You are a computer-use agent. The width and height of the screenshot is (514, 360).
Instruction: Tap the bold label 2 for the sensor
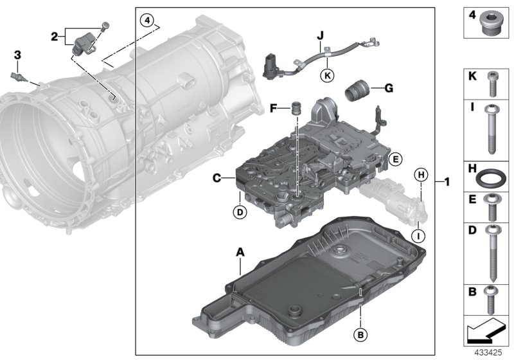pos(56,36)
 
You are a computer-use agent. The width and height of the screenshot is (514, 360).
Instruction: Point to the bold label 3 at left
pos(17,57)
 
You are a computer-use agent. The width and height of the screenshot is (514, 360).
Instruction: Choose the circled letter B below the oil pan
pos(360,334)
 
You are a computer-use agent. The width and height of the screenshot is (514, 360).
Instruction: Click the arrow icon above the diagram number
pos(486,332)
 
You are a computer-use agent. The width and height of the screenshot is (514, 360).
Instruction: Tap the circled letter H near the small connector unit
pos(421,174)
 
